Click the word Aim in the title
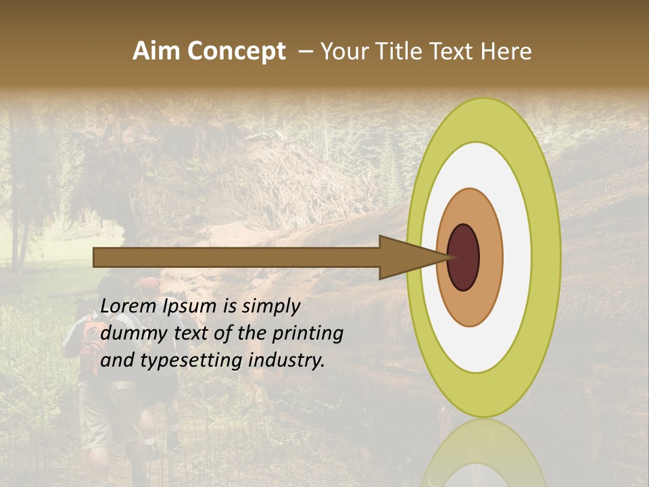tap(156, 51)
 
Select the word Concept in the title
tap(236, 52)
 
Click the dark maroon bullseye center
tap(463, 257)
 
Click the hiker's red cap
tap(150, 283)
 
